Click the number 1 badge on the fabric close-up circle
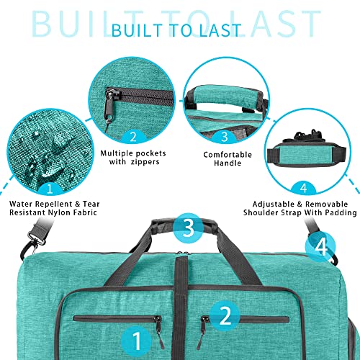(x=50, y=189)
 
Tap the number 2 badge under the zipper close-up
(x=133, y=138)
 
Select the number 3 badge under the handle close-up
(x=224, y=137)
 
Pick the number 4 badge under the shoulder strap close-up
(x=304, y=188)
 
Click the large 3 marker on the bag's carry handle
(x=189, y=228)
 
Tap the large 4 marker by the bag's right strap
(x=320, y=246)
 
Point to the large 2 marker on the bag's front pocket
(x=225, y=315)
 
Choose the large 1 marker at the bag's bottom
(x=136, y=341)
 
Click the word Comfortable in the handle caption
(x=228, y=155)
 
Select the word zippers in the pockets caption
(x=145, y=162)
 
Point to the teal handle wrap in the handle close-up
(x=227, y=96)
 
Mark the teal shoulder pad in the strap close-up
(x=307, y=154)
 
